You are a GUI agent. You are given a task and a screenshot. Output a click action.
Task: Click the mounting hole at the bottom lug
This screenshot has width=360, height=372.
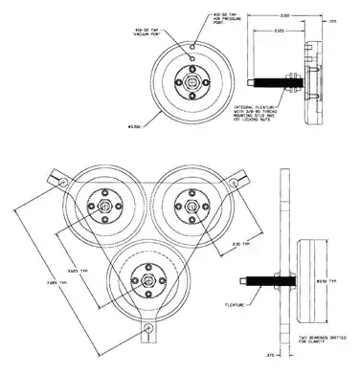coord(146,330)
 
